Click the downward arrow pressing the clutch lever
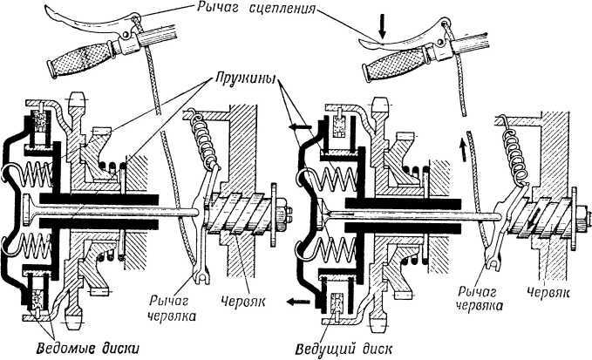[381, 26]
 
